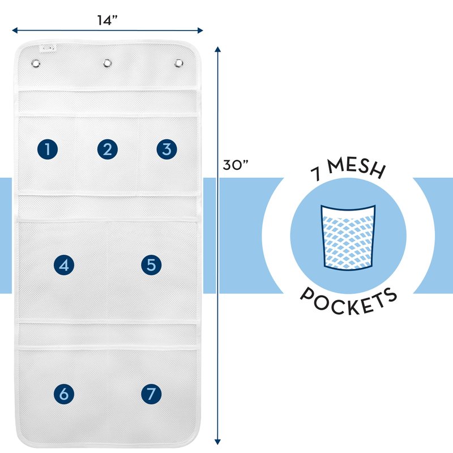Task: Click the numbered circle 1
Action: [48, 149]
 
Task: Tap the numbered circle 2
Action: [107, 149]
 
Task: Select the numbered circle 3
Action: [166, 149]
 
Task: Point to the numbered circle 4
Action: [64, 264]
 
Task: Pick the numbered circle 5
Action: [151, 264]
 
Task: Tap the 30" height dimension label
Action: [236, 165]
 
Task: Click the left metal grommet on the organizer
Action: [36, 63]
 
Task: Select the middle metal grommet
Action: [107, 63]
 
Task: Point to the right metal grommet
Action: [179, 62]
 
